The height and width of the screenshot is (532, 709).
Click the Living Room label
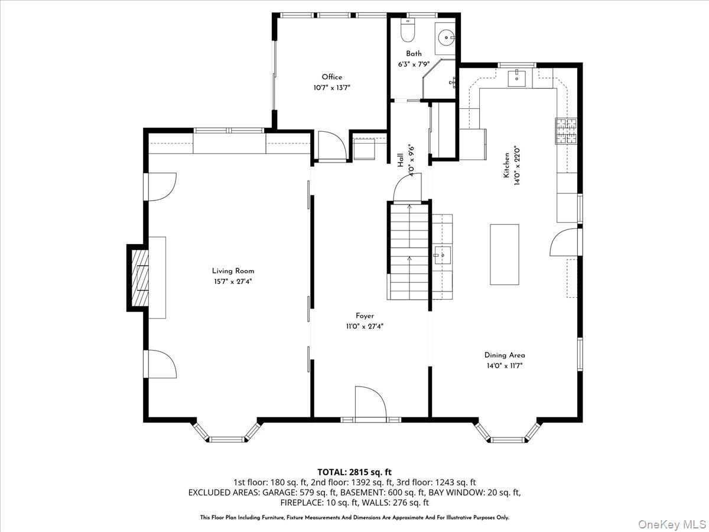[x=233, y=271]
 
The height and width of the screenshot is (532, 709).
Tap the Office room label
[x=331, y=77]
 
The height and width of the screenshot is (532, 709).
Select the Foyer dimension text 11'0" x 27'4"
[x=365, y=326]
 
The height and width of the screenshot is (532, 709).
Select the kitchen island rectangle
[x=504, y=254]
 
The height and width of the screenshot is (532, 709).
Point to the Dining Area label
[x=505, y=355]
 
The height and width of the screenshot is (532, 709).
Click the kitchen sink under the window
[x=517, y=76]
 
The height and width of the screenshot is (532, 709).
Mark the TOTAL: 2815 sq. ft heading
[x=354, y=472]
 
